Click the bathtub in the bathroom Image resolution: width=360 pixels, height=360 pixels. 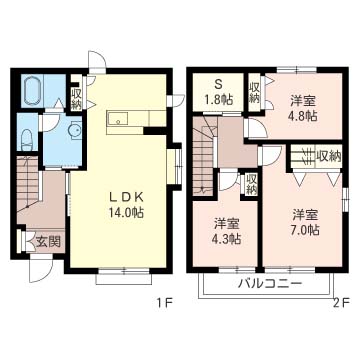point(33,91)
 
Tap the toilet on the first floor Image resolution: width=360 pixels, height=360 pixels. point(27,140)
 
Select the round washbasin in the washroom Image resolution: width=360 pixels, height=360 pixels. point(74,131)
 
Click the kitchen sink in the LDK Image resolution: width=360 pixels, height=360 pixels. point(118,118)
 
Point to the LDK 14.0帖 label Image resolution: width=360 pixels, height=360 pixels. point(127,205)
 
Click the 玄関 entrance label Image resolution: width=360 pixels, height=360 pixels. point(48,242)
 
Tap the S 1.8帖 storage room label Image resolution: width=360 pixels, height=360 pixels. point(218,91)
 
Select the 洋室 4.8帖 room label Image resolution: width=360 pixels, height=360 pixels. point(303,108)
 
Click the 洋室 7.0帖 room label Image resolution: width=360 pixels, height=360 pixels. point(306,222)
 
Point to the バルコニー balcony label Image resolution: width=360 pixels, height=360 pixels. point(270,284)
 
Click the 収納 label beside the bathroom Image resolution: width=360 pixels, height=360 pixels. point(76,99)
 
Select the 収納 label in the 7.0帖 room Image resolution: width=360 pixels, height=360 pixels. point(329,155)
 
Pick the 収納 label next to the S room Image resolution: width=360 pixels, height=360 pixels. point(254,92)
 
